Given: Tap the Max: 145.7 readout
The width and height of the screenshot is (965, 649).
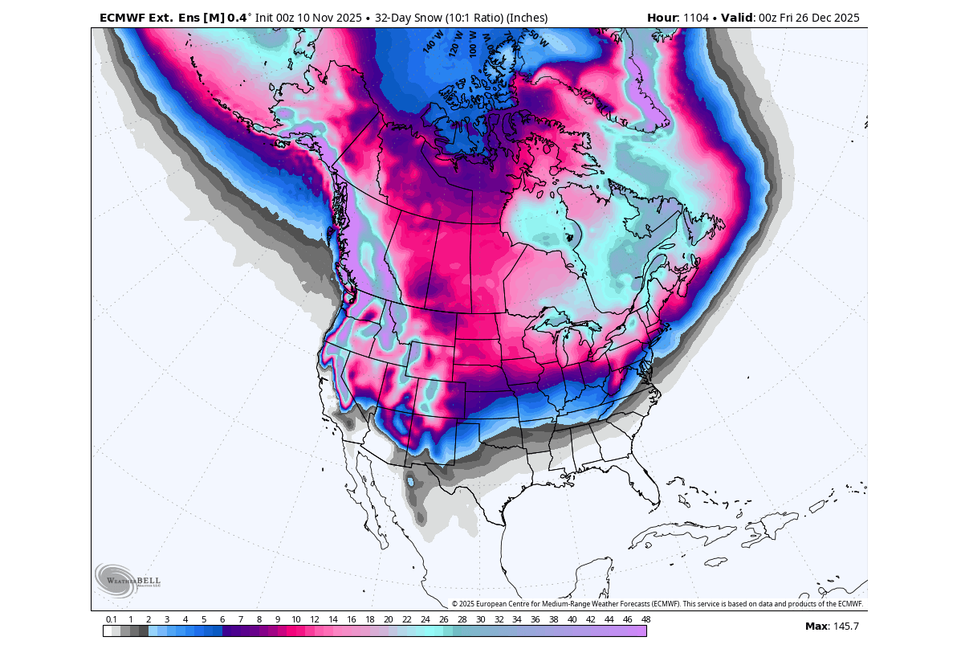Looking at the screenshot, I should (832, 627).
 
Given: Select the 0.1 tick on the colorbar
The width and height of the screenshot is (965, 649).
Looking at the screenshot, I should (111, 619).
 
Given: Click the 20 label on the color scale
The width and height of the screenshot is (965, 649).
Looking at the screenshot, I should (388, 619).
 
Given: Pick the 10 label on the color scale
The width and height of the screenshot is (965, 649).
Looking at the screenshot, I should (296, 619).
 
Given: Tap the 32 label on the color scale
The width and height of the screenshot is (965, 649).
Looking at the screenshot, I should (499, 619).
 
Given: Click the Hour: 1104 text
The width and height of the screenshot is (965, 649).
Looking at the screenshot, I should (677, 18).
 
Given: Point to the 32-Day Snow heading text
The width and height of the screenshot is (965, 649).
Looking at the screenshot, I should (461, 18).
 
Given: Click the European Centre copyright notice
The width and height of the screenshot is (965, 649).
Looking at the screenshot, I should (657, 604).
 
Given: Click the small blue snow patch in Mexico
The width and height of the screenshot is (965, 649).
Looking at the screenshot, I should (410, 481).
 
